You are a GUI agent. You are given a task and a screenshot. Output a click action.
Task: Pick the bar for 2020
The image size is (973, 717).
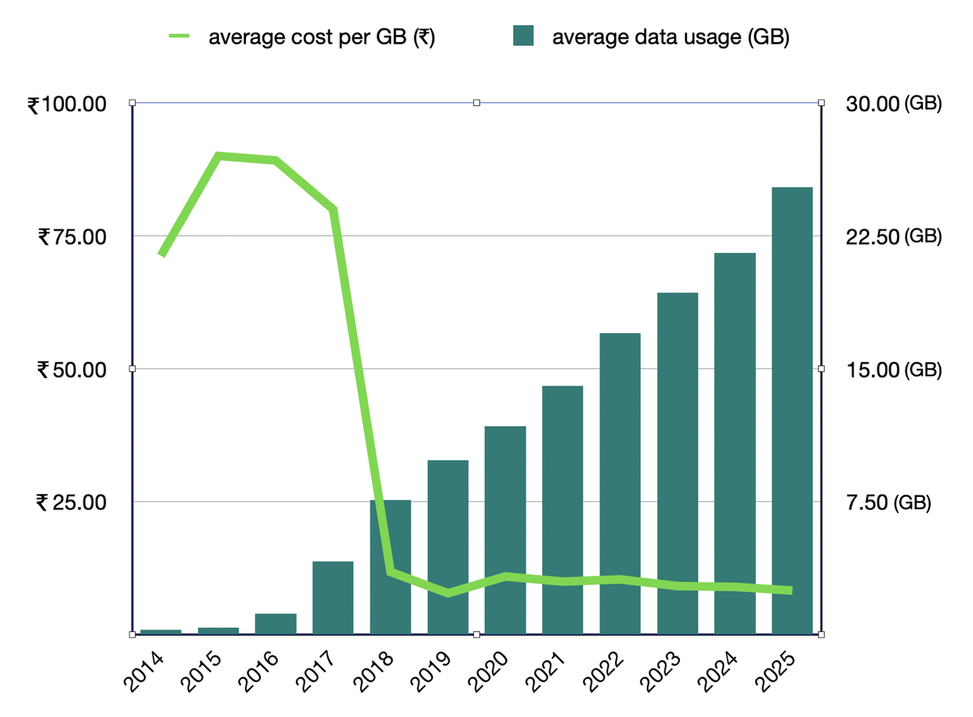click(x=505, y=530)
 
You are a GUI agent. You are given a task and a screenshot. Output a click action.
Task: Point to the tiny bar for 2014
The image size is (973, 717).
click(x=161, y=631)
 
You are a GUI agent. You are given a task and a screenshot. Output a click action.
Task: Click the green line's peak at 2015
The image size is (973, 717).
click(x=218, y=156)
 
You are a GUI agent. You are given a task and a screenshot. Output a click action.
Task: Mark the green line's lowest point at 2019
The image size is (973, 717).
click(x=448, y=593)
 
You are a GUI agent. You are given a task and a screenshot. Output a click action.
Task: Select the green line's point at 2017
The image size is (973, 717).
click(x=333, y=209)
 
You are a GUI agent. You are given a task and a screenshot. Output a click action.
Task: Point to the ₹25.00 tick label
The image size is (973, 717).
click(x=71, y=503)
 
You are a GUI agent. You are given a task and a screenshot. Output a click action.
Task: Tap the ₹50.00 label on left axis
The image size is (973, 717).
click(x=71, y=370)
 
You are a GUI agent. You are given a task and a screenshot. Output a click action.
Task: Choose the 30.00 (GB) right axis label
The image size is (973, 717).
click(x=893, y=104)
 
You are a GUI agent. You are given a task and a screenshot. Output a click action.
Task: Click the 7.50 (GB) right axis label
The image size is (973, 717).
click(x=888, y=503)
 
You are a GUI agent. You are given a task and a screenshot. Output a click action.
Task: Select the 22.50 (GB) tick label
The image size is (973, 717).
click(x=893, y=237)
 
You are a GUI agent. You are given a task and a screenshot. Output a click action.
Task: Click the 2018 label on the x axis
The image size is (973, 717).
click(x=374, y=671)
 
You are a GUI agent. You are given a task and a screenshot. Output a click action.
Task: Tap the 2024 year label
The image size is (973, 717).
click(x=718, y=671)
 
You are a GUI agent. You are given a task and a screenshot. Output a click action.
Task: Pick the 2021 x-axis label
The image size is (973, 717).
click(x=546, y=671)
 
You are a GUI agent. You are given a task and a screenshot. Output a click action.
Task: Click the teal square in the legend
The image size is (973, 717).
click(x=523, y=36)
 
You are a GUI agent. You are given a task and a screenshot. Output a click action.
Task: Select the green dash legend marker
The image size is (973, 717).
click(x=179, y=36)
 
